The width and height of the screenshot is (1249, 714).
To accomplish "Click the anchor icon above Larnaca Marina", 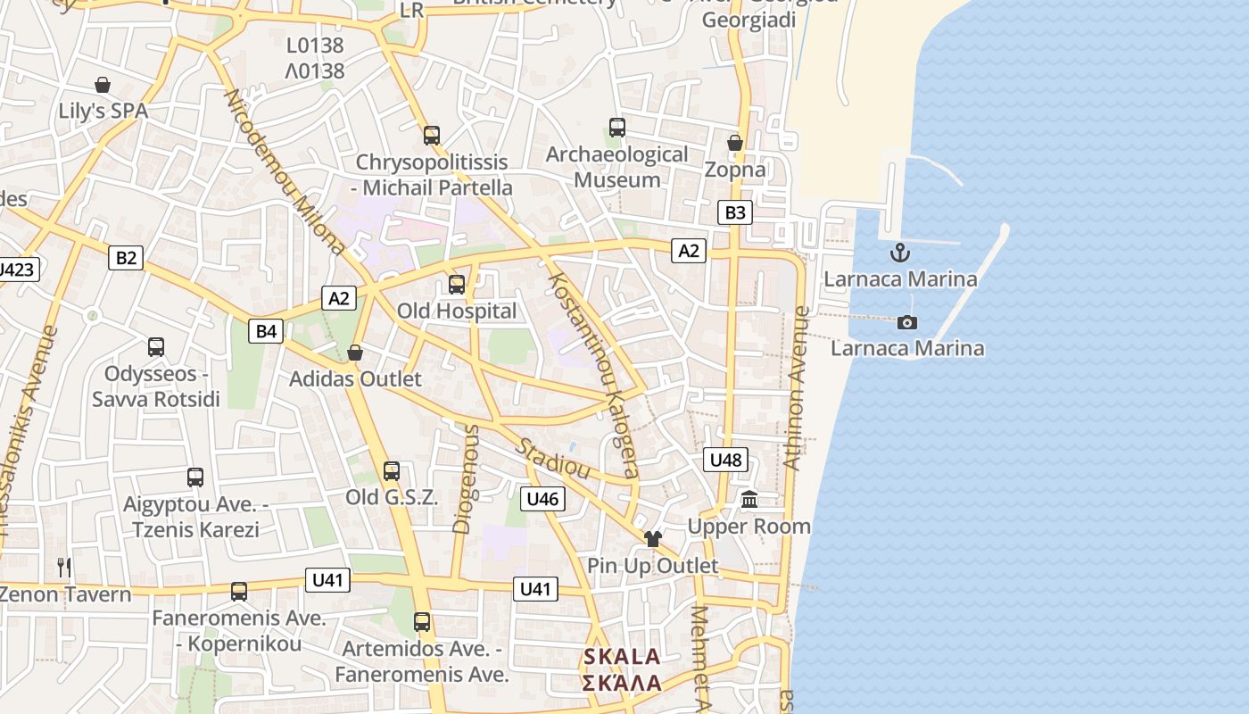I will coord(899,252).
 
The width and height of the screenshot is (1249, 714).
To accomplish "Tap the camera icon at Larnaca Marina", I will coord(907,322).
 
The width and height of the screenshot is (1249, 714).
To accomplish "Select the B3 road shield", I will coord(735,212).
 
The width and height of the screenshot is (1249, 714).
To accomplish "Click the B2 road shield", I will coord(126,258).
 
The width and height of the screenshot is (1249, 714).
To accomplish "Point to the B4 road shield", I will coord(267,332).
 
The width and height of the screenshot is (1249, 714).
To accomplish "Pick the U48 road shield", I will coord(725,460).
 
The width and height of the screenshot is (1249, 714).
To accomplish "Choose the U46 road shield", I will coord(542,499).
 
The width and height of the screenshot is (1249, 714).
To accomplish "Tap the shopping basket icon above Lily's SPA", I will coord(103,85).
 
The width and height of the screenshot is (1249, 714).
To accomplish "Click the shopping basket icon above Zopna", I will coord(735,143).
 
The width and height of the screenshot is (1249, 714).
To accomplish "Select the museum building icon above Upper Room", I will coord(749,500).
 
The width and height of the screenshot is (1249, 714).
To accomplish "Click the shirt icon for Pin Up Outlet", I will coord(653,538).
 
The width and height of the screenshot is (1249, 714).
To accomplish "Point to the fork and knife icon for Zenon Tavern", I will coord(64,567).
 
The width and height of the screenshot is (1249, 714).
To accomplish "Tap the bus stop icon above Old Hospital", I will coord(457,285).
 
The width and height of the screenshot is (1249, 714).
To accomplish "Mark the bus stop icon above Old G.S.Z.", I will coord(391,471).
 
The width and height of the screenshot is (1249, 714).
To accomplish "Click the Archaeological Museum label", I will coord(617,167).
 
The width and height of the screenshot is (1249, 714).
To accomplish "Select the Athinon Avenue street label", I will coord(796,388).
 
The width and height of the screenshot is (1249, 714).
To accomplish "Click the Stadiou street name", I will coord(554,456).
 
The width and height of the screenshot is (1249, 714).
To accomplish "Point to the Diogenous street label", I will coord(466,479).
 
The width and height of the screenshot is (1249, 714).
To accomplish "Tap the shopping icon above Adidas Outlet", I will coord(355,353).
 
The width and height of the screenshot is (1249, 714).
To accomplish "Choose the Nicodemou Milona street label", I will coord(284,171).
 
